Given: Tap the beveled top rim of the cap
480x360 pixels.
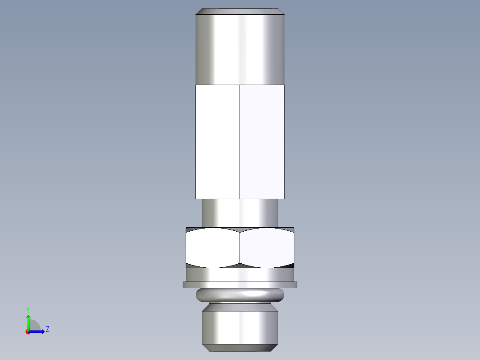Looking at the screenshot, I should [x=240, y=11].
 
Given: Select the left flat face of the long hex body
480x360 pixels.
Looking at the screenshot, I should [x=218, y=142].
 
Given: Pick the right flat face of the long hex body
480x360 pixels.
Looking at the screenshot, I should [x=262, y=142].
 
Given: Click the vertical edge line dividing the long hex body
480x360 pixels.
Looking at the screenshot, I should [x=240, y=142].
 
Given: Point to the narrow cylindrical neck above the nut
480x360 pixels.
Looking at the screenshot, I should [x=240, y=213].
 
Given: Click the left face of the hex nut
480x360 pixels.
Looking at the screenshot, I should [x=213, y=248].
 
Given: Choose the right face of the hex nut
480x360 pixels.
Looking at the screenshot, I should [x=267, y=248].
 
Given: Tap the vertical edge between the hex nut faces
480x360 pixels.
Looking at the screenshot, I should [x=240, y=248].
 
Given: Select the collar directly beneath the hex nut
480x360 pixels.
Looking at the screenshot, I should [x=240, y=274].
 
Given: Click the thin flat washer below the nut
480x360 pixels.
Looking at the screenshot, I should [x=240, y=285].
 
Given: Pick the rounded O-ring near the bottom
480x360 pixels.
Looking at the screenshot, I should [x=240, y=295].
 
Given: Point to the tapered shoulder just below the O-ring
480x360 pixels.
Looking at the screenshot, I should [x=240, y=307].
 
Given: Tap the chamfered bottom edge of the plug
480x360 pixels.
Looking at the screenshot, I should [x=240, y=348].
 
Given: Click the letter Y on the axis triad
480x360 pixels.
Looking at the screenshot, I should [x=28, y=309].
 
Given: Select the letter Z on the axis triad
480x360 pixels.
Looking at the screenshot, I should [x=47, y=330].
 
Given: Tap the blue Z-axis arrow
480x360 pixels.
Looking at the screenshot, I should [x=38, y=331].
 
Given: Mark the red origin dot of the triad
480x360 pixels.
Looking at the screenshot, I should [x=28, y=332].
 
